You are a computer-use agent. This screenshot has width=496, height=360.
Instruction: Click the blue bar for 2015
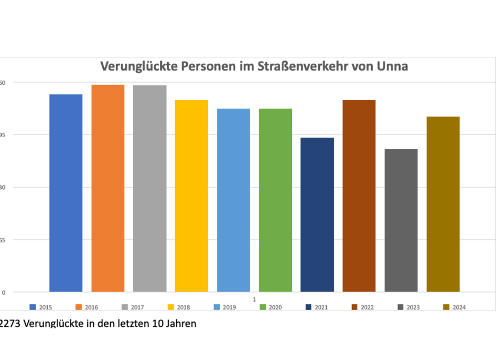(x=66, y=193)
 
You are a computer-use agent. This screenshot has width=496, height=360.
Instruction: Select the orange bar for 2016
(x=108, y=188)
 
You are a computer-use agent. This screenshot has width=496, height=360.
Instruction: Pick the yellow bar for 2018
(x=191, y=196)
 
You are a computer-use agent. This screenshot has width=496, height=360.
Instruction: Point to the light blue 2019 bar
(x=233, y=200)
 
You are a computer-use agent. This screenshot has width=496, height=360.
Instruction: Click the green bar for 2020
(x=275, y=200)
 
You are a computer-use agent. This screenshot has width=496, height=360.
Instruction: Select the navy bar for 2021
(x=317, y=215)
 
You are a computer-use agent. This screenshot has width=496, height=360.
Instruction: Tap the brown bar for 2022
(x=359, y=196)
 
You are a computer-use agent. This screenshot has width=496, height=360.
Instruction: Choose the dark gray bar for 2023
(x=401, y=220)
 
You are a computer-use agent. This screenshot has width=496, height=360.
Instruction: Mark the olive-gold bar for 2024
(x=443, y=204)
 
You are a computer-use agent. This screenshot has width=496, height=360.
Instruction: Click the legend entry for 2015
(x=41, y=307)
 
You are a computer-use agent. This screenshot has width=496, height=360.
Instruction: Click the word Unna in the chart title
(x=392, y=66)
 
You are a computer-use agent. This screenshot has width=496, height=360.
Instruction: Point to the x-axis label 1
(x=254, y=298)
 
